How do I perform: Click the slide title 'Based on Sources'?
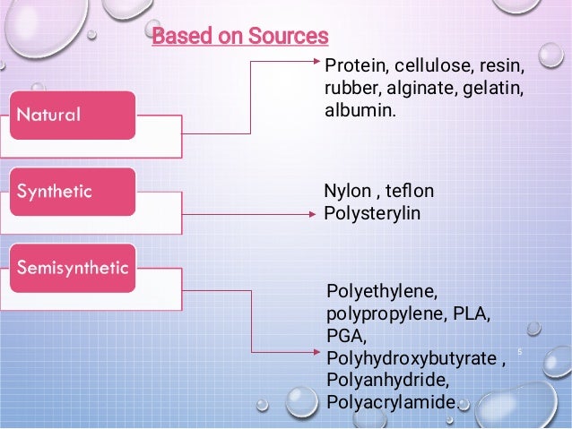point(240,37)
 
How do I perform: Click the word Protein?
point(351,65)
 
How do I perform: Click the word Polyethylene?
point(382,292)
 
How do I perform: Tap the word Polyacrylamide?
point(391,403)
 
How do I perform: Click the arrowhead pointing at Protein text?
point(314,63)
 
